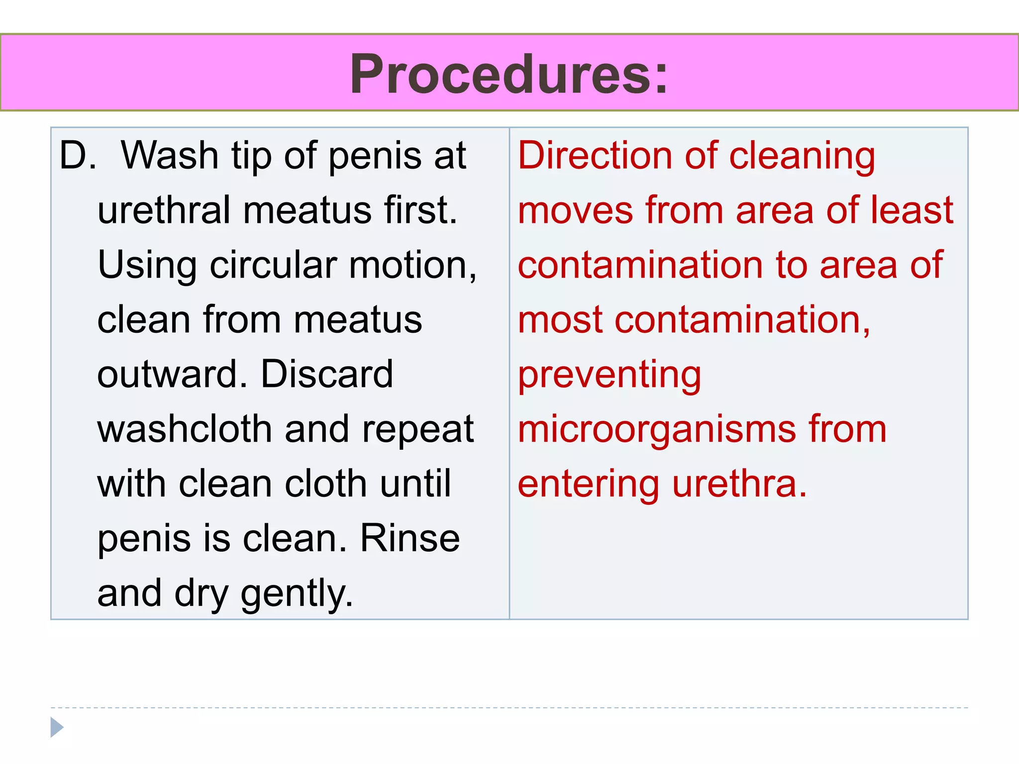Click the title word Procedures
coord(509,75)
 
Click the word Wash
coord(170,156)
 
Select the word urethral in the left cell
coord(164,210)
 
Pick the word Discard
coord(326,374)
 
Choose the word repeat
coord(418,429)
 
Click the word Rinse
coord(409,538)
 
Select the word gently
coord(297,594)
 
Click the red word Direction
coord(595,156)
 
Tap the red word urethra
coord(739,484)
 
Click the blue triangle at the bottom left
coord(57,727)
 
